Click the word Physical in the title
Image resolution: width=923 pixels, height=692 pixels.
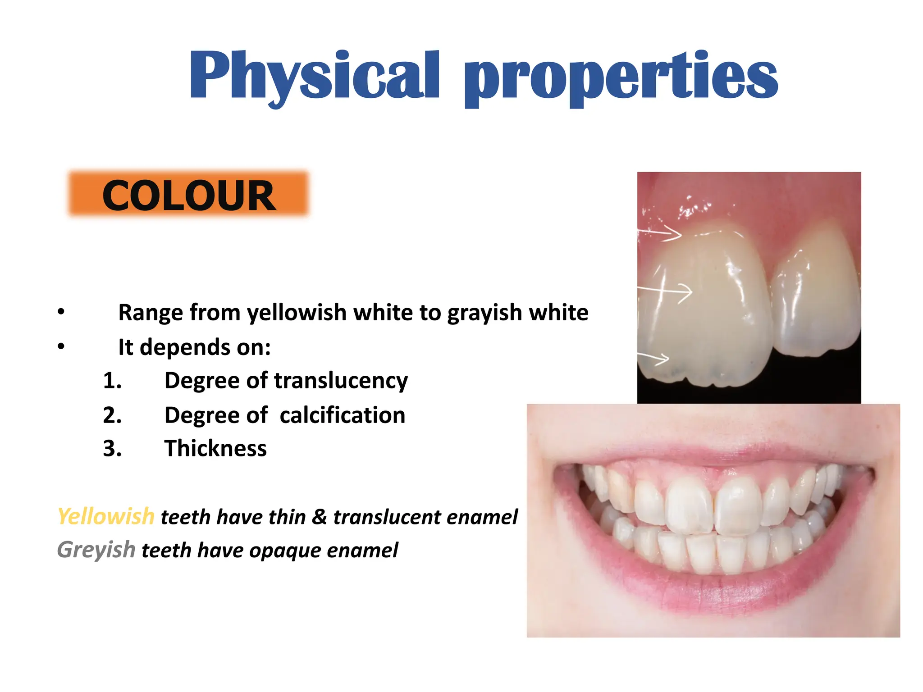[314, 77]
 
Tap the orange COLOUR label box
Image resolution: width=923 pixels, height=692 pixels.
[188, 195]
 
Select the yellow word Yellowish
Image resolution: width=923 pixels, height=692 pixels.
[106, 516]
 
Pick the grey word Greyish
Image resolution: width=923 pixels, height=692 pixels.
[96, 550]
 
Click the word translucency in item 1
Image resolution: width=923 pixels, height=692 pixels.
[341, 381]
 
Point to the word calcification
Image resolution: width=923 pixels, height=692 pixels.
[342, 415]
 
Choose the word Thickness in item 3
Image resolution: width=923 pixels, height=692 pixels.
[215, 448]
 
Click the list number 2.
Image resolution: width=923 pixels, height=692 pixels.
[112, 415]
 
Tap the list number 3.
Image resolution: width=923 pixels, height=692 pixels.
[112, 448]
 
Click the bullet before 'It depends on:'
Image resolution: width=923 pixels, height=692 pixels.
[61, 346]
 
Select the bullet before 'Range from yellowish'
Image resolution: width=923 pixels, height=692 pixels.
[61, 312]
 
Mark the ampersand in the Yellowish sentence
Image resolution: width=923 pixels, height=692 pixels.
[319, 516]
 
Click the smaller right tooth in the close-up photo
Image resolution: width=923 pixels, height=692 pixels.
[816, 302]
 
